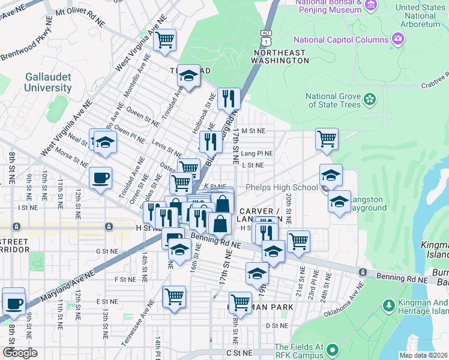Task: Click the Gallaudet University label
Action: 48,82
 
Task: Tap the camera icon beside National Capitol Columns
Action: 397,40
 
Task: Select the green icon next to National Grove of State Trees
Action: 370,98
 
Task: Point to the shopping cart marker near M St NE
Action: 327,139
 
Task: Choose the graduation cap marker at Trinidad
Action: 188,76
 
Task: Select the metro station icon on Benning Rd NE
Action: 363,272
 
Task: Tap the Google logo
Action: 20,352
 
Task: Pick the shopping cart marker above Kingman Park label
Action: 240,302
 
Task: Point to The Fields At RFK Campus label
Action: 299,352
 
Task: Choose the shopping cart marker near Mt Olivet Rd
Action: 164,40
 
